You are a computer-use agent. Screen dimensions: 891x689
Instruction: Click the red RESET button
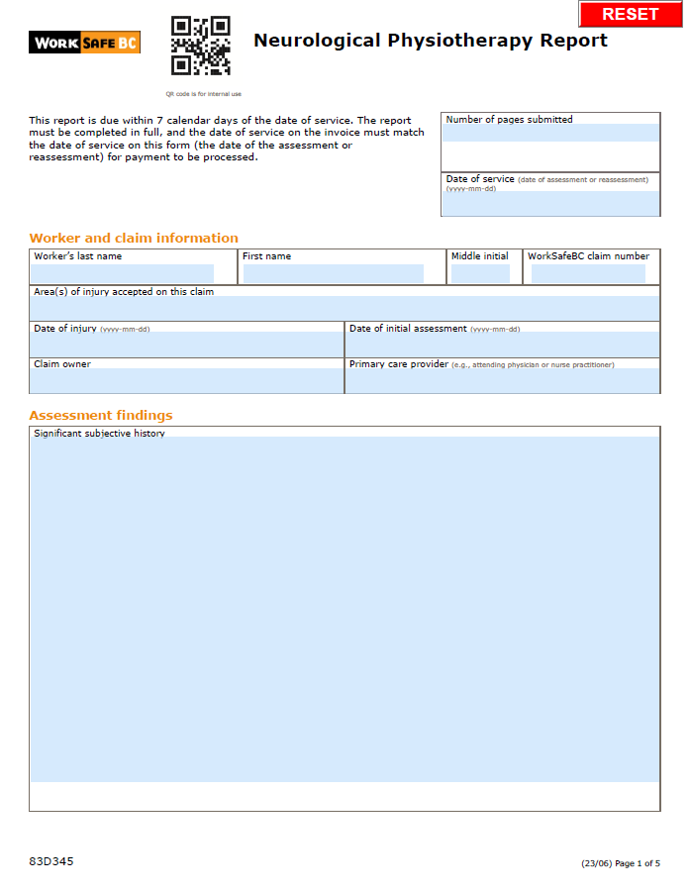[x=631, y=14]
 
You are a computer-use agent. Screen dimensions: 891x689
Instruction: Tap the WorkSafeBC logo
[x=84, y=43]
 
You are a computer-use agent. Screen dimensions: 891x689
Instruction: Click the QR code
[x=201, y=46]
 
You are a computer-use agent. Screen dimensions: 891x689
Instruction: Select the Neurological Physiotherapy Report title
[x=431, y=41]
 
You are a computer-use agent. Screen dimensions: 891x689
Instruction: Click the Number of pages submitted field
[x=549, y=134]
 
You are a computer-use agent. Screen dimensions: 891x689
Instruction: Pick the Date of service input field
[x=549, y=203]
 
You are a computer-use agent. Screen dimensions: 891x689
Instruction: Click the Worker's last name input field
[x=123, y=273]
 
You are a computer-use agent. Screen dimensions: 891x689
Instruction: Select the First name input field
[x=333, y=273]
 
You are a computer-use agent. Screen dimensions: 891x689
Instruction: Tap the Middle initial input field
[x=480, y=273]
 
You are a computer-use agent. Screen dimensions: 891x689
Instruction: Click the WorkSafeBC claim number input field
[x=588, y=273]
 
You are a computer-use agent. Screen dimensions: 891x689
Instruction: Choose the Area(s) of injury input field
[x=344, y=308]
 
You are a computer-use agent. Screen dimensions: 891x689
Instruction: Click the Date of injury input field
[x=186, y=345]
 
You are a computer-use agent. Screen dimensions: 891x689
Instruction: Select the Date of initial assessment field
[x=502, y=345]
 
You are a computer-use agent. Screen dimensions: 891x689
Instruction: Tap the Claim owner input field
[x=186, y=381]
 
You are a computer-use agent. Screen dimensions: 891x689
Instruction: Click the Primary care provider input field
[x=502, y=381]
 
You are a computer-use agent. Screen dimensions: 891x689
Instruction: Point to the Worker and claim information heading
[x=134, y=238]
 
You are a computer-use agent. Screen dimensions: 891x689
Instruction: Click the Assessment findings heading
[x=100, y=415]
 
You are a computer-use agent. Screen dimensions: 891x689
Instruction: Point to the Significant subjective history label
[x=99, y=434]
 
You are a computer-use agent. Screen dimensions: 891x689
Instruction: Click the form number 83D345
[x=51, y=861]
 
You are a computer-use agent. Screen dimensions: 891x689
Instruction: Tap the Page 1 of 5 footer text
[x=638, y=863]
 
